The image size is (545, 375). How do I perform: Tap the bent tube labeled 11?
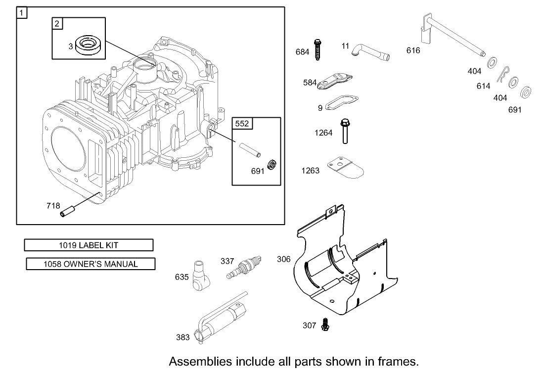[x=370, y=51]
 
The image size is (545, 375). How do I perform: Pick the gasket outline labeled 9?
[x=342, y=103]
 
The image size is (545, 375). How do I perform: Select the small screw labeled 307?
[x=325, y=324]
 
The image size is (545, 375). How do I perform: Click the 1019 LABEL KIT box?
[x=89, y=245]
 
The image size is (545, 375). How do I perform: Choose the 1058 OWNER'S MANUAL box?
[x=91, y=264]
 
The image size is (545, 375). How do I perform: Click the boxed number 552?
[x=242, y=124]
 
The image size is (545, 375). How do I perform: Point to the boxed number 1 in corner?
[x=22, y=12]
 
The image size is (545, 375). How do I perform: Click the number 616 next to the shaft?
[x=413, y=50]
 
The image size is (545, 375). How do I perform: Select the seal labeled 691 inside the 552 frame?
[x=271, y=165]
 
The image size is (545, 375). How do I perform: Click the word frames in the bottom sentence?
[x=394, y=361]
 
